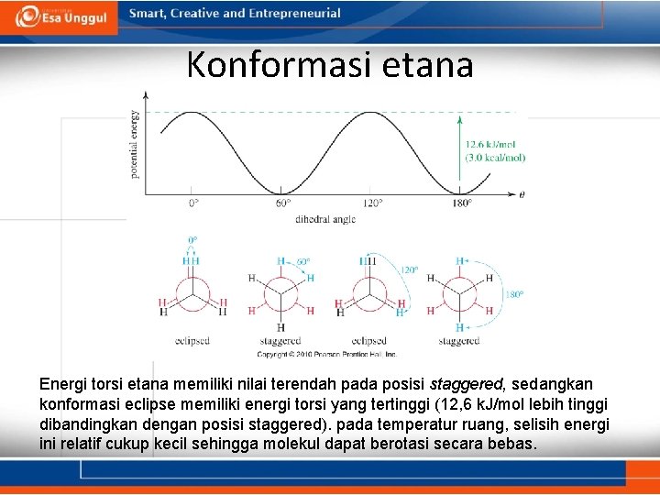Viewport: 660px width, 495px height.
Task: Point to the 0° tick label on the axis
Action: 193,203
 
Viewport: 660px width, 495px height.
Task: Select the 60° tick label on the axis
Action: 283,203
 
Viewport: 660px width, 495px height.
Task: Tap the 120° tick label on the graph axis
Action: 372,203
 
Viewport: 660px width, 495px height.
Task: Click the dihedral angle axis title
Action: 324,220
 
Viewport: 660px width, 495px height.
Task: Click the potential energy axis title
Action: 136,144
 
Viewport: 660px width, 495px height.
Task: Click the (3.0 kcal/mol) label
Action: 495,158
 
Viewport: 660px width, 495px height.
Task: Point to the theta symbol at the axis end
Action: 522,194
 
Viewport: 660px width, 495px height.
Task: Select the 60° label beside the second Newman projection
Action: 302,262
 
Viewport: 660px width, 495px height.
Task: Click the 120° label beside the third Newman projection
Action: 409,270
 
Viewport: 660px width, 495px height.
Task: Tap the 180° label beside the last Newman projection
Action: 514,294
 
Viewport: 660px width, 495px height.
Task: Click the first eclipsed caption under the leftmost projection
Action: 192,341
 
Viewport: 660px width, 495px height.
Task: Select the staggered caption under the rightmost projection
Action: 458,341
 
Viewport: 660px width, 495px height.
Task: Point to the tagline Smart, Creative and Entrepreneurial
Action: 235,14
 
